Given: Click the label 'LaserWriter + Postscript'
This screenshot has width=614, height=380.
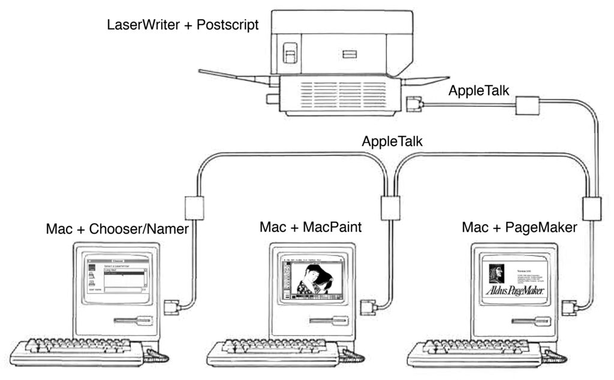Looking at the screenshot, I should [182, 25].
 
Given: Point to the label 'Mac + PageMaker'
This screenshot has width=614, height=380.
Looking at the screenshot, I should [519, 228].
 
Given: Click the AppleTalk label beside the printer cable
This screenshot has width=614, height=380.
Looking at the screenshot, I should [480, 92].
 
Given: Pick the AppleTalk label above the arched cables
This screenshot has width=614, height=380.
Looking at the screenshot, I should [393, 142].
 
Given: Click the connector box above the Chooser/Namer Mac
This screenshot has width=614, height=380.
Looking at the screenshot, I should [194, 207].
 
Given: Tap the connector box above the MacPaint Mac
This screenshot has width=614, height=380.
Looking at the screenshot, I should [390, 207].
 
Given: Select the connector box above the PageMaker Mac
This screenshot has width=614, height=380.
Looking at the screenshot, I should [591, 209].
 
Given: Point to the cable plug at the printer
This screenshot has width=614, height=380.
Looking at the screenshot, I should [414, 104].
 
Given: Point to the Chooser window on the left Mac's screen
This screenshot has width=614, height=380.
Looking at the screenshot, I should [118, 276].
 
